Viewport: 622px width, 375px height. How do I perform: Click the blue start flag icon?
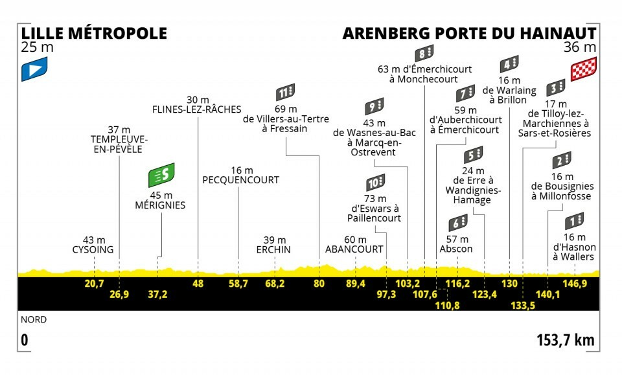coord(34,69)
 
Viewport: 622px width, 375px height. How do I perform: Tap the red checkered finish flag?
coord(584,69)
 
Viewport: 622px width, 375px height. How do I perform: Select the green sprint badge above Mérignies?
coord(161,175)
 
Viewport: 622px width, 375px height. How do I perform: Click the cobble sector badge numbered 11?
coord(286,93)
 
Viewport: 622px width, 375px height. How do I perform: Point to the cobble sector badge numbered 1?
coord(575,222)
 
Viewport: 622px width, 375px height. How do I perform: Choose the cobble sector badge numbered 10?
coord(375,183)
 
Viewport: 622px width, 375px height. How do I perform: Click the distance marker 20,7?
coord(94,284)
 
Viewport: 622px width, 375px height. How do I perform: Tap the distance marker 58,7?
coord(238,284)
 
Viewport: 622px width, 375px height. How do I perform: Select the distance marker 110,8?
coord(447,305)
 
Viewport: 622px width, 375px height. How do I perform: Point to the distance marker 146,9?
coord(575,284)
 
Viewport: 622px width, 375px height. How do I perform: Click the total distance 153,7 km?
coord(566,340)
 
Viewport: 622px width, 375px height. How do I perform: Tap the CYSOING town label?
coord(93,250)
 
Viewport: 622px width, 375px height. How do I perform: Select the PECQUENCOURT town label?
coord(241,180)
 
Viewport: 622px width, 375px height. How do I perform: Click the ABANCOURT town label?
coord(354,249)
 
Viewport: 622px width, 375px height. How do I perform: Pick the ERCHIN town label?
coord(273,250)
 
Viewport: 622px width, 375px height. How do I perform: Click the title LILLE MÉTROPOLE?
coord(94,33)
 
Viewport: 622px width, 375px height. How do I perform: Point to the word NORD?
coord(34,319)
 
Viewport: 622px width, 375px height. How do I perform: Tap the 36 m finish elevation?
coord(580,47)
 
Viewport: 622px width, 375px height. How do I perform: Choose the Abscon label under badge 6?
coord(456,249)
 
